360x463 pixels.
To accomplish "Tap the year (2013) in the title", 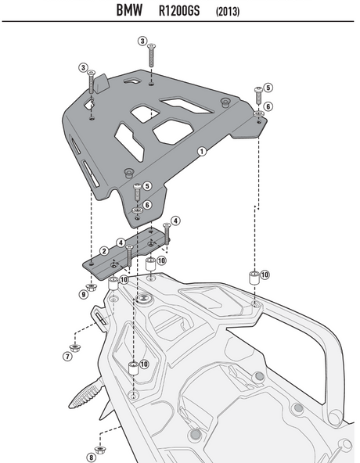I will (228, 13).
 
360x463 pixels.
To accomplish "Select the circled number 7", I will (67, 356).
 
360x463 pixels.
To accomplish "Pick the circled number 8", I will (91, 457).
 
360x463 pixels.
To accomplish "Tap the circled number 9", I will (83, 295).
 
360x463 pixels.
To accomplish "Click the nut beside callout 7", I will (76, 346).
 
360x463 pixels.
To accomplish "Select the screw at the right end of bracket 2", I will (166, 228).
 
